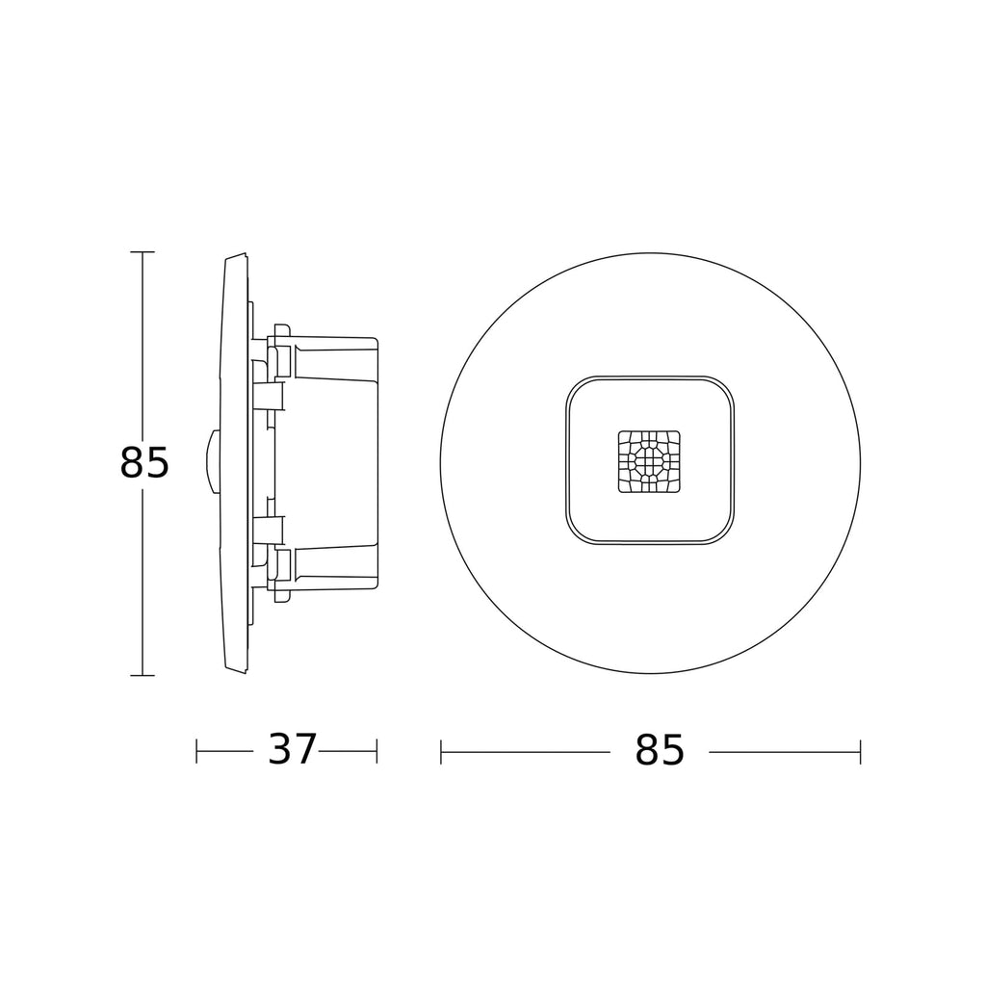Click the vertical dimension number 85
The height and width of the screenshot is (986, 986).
click(144, 463)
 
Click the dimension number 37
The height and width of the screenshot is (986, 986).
click(292, 749)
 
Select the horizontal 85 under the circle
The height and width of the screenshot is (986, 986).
click(659, 749)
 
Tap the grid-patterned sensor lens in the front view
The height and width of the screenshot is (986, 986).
click(649, 461)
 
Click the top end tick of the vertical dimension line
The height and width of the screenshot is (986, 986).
click(143, 251)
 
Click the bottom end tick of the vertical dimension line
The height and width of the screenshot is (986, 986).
click(143, 675)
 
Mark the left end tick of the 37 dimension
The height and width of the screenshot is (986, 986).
click(196, 751)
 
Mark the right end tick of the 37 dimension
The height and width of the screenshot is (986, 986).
click(376, 751)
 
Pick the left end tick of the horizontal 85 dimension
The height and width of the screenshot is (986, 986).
click(441, 752)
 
